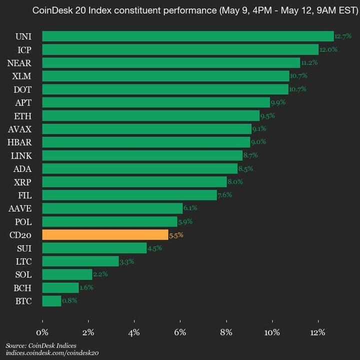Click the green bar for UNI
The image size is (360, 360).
187,36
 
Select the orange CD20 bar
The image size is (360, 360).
105,234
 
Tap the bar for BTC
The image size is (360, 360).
51,301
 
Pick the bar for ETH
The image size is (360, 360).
150,115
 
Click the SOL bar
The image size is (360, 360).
67,274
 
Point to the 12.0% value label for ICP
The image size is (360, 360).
328,49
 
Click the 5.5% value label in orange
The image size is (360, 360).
176,235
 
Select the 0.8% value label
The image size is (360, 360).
69,301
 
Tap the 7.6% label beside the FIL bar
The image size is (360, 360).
224,195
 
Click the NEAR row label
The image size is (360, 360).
19,62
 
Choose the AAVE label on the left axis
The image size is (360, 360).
19,208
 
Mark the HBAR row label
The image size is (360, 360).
19,142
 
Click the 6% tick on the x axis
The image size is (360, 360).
180,332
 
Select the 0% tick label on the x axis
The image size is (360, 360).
42,332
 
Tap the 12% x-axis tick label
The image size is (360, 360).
318,332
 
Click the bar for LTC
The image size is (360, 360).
80,261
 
